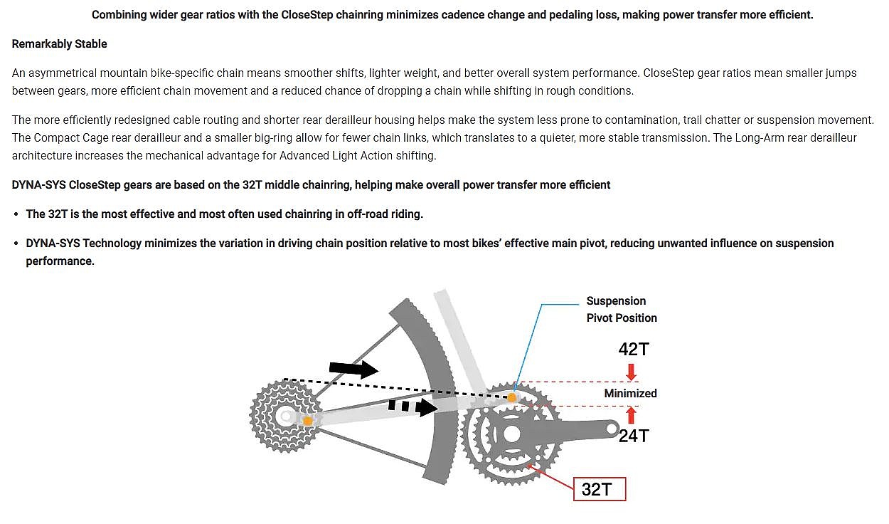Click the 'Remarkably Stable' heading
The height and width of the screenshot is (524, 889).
pyautogui.click(x=59, y=44)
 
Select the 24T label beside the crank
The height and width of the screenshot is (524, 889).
pyautogui.click(x=632, y=436)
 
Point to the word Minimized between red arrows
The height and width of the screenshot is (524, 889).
pyautogui.click(x=630, y=393)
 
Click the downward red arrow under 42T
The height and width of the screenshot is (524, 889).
pyautogui.click(x=631, y=372)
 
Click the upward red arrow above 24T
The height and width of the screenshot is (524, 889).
pyautogui.click(x=631, y=415)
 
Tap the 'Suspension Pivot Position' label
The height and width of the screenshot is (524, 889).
pyautogui.click(x=621, y=309)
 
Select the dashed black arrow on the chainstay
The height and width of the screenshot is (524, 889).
pyautogui.click(x=413, y=407)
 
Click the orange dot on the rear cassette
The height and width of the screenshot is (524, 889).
pyautogui.click(x=307, y=421)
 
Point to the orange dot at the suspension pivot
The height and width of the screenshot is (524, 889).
pyautogui.click(x=511, y=397)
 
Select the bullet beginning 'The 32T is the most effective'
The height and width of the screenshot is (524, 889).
pyautogui.click(x=224, y=214)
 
